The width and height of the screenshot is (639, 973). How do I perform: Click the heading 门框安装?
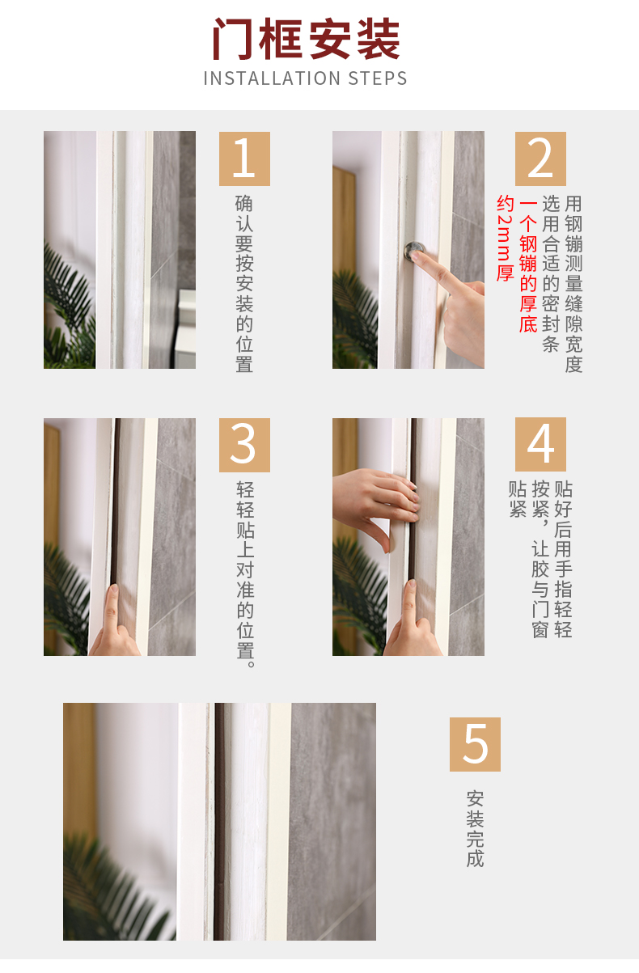pyautogui.click(x=307, y=39)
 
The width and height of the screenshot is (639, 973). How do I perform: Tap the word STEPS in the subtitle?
pyautogui.click(x=378, y=78)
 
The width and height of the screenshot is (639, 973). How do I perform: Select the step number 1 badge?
pyautogui.click(x=244, y=159)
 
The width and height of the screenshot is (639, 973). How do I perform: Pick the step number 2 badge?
pyautogui.click(x=540, y=159)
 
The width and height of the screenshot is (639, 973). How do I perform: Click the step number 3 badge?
pyautogui.click(x=244, y=445)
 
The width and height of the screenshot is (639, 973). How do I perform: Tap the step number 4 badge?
pyautogui.click(x=540, y=444)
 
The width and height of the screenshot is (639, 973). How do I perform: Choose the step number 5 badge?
pyautogui.click(x=475, y=745)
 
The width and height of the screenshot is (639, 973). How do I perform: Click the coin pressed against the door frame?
pyautogui.click(x=414, y=250)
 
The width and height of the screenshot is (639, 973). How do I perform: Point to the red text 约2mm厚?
pyautogui.click(x=506, y=238)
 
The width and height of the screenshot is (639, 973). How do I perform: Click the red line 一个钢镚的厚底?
pyautogui.click(x=528, y=266)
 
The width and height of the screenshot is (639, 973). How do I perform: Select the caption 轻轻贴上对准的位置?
pyautogui.click(x=245, y=575)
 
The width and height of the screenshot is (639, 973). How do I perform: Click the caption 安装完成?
pyautogui.click(x=475, y=829)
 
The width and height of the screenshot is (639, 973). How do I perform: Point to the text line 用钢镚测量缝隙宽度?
pyautogui.click(x=573, y=284)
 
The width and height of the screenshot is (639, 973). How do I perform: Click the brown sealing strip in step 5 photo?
pyautogui.click(x=218, y=821)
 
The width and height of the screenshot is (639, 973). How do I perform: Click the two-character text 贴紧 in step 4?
pyautogui.click(x=518, y=499)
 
